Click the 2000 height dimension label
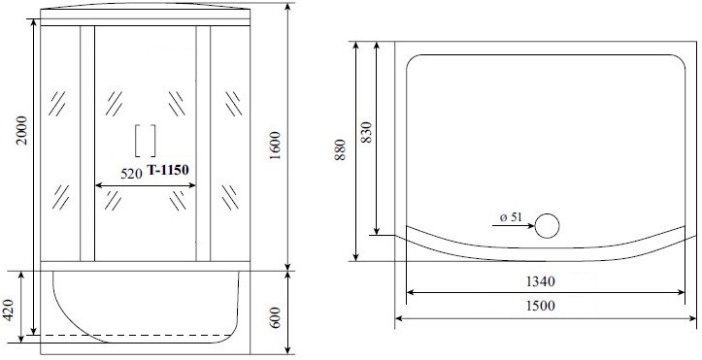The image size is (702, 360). [x=22, y=130]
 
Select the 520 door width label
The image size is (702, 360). [x=131, y=174]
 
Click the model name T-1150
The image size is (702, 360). [x=168, y=170]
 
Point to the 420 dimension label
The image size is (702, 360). [x=9, y=310]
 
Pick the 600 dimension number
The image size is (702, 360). [x=275, y=317]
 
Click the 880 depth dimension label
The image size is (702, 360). [x=340, y=149]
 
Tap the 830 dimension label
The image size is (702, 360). [x=366, y=132]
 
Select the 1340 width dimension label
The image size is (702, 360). [x=540, y=281]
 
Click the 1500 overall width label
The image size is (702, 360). [x=540, y=306]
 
